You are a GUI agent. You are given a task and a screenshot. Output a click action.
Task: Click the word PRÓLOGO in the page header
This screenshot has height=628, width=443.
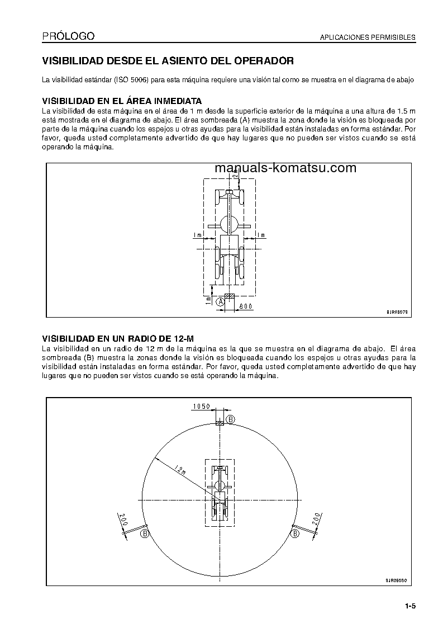[68, 36]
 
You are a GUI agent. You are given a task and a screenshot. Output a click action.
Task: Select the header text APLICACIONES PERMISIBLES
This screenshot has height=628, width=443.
[367, 37]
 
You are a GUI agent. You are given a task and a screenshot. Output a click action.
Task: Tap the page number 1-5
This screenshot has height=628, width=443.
[411, 606]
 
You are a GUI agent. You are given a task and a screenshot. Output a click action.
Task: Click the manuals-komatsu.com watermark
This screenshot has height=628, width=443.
[285, 168]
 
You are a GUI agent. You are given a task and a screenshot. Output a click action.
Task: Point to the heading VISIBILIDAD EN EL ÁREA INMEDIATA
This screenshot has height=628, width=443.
[122, 102]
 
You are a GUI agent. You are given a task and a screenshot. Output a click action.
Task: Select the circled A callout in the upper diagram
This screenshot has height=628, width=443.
[221, 301]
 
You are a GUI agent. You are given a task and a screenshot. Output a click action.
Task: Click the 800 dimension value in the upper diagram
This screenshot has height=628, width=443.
[246, 306]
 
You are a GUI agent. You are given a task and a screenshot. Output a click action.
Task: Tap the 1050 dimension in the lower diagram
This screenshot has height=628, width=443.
[201, 407]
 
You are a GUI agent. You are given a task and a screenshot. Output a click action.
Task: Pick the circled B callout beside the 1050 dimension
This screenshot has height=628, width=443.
[230, 419]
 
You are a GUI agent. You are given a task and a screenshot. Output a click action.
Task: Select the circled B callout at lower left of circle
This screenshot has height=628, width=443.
[145, 534]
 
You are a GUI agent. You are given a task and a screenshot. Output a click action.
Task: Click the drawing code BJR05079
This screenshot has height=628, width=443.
[397, 312]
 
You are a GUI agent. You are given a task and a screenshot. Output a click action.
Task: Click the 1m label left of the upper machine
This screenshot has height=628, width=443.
[197, 236]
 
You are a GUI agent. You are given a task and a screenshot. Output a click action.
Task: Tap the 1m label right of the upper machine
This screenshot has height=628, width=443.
[261, 236]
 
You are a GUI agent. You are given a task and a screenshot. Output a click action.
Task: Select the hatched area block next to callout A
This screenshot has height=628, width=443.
[229, 296]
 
